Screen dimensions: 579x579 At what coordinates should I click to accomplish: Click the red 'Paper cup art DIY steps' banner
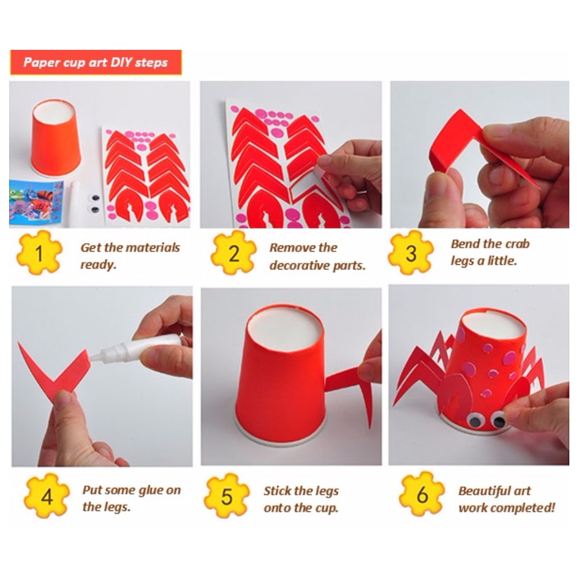[95, 62]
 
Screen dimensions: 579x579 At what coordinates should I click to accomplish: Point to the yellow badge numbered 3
[411, 253]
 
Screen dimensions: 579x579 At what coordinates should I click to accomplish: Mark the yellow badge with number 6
[422, 494]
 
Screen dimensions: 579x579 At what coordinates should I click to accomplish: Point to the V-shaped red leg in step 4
[54, 370]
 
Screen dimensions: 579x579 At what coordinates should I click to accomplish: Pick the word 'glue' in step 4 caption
[152, 489]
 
